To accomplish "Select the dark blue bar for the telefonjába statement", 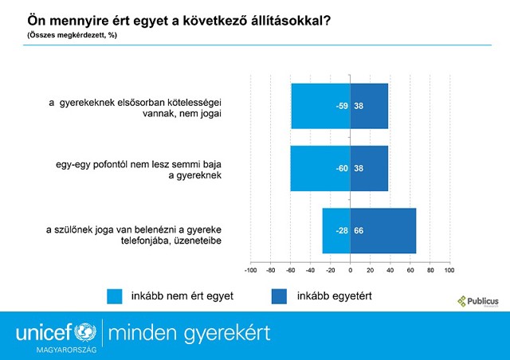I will (382, 231).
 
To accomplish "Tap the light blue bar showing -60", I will (320, 168).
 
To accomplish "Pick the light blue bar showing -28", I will (335, 231).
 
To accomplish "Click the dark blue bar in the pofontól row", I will (369, 168).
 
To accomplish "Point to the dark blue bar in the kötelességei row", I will (369, 105).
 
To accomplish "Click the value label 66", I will (359, 231).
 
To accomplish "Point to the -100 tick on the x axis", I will (250, 270).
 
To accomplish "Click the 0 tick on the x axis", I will (350, 270).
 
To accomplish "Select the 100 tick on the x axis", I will (449, 270).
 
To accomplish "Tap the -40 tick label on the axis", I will (310, 270).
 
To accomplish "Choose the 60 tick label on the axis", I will (410, 270).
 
